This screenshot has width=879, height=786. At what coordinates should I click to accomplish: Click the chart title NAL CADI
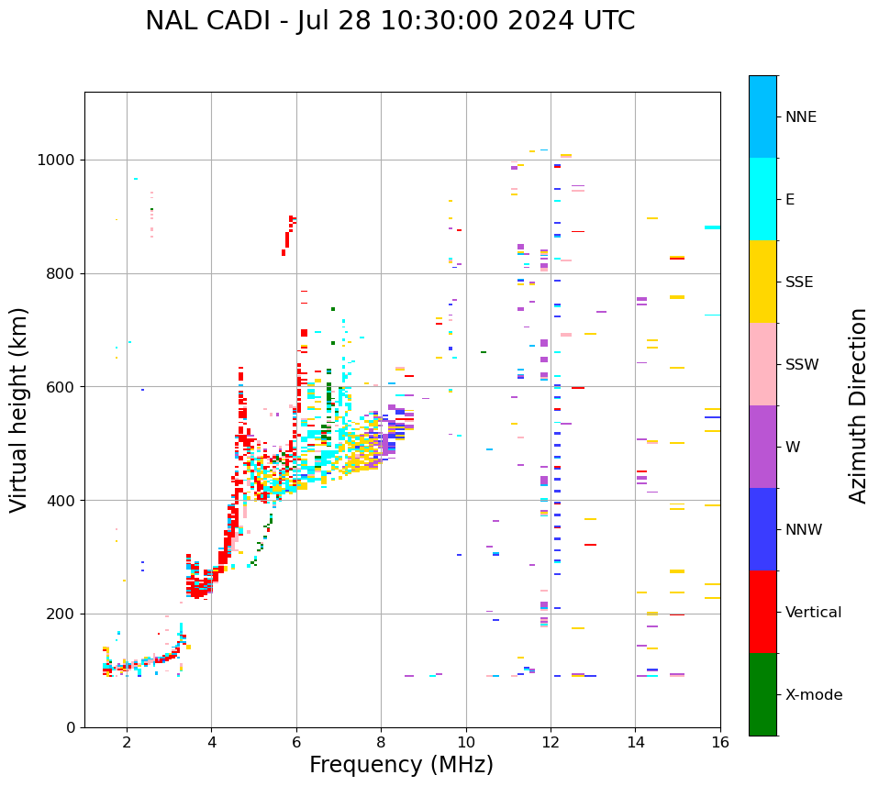(390, 21)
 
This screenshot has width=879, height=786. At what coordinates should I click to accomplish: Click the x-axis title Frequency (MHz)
(401, 765)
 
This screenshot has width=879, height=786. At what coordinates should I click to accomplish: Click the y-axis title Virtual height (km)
(19, 409)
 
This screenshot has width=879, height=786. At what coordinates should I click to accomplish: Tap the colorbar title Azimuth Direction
(858, 405)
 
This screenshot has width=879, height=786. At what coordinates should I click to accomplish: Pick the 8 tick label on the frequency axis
(381, 742)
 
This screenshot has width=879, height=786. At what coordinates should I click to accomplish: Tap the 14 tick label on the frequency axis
(635, 742)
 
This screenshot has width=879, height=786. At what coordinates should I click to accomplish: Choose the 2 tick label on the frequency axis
(127, 742)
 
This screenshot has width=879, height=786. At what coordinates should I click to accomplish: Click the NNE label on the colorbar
(801, 117)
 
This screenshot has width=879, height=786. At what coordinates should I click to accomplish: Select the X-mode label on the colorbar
(814, 695)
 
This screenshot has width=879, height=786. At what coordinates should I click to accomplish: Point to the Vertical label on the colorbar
(813, 613)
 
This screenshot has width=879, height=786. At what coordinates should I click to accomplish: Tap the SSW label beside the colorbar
(802, 365)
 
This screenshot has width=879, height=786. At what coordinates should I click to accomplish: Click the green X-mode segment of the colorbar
(762, 694)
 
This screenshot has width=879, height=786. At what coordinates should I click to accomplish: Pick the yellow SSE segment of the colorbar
(762, 282)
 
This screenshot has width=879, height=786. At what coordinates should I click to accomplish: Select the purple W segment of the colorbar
(762, 447)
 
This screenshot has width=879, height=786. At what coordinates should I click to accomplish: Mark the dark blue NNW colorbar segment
(762, 529)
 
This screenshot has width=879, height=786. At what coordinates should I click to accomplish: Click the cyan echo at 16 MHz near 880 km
(712, 227)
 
